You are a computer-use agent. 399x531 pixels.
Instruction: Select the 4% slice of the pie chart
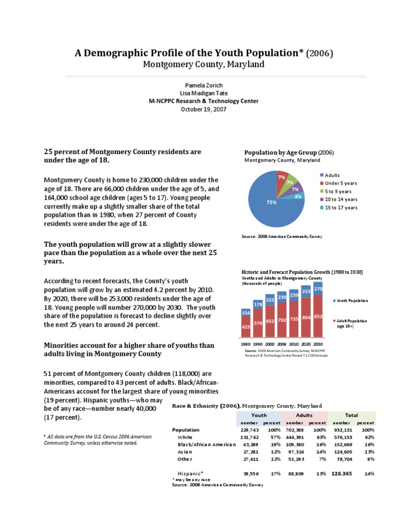coord(298,197)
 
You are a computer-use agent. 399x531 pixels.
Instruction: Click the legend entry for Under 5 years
coord(340,183)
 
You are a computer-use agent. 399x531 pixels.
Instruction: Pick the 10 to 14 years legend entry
coord(341,199)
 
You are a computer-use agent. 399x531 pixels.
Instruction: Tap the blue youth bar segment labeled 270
coord(318,289)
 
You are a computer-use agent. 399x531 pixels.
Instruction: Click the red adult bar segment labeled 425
coord(246,326)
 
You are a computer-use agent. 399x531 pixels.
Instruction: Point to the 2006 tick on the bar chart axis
coord(282,344)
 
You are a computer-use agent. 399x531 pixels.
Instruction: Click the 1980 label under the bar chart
coord(246,344)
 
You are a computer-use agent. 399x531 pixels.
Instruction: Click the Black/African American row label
coord(206,444)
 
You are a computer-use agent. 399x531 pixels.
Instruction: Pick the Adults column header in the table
coord(304,415)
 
